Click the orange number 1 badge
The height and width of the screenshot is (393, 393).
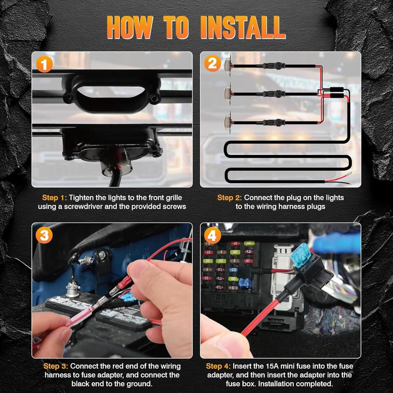45,64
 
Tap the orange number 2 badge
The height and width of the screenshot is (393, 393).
213,63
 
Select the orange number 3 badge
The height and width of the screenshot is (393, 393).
44,235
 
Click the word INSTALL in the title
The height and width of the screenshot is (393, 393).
243,27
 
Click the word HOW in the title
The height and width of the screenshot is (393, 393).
130,27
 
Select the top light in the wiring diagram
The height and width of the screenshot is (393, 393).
228,66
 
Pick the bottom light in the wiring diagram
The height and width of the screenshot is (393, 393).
228,122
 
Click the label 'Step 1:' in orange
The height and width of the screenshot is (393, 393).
54,198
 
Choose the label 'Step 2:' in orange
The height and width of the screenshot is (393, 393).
230,198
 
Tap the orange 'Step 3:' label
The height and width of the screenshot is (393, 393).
56,366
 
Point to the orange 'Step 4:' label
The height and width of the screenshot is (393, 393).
218,366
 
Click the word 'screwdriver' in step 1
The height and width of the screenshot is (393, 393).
83,206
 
